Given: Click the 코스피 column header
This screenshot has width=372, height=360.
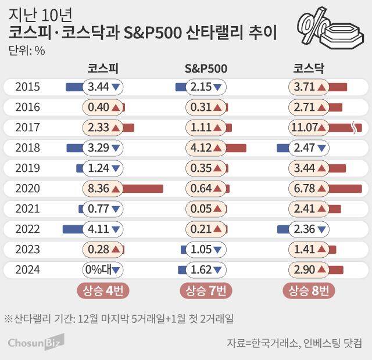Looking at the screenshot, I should pos(103,69).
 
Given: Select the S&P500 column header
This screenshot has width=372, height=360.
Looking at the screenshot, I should pos(205,69).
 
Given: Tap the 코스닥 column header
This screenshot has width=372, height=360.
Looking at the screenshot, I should pos(308,69).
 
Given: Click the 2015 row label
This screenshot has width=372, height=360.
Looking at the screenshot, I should pos(27,87).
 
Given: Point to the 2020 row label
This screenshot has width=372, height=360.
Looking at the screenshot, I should pos(27,188).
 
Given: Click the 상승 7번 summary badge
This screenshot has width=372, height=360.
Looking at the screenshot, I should pos(206,290).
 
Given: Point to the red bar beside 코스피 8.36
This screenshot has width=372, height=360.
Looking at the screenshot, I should pos(144,188).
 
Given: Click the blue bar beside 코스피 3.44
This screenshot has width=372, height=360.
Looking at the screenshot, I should pos(74,87).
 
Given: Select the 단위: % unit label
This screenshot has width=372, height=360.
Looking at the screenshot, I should pos(27,50).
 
